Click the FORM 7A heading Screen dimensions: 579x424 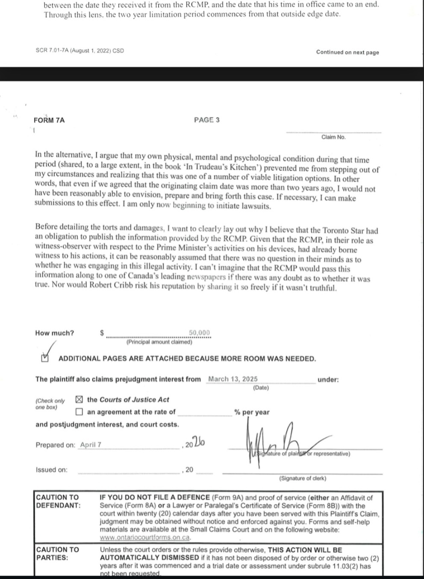49,120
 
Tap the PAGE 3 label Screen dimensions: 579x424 206,120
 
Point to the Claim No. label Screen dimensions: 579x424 333,137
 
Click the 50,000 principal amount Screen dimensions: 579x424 199,333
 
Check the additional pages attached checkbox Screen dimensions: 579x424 45,358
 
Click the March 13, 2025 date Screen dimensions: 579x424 233,379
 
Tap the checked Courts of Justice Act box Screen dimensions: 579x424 79,399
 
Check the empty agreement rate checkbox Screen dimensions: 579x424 79,412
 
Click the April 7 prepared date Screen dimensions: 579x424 91,445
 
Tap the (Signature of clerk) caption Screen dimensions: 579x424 303,478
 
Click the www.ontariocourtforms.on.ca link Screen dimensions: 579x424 145,537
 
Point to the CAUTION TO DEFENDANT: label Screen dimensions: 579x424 58,501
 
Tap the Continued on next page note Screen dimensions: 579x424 347,52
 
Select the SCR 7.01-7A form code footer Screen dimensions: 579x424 79,50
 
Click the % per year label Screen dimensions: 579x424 252,412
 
